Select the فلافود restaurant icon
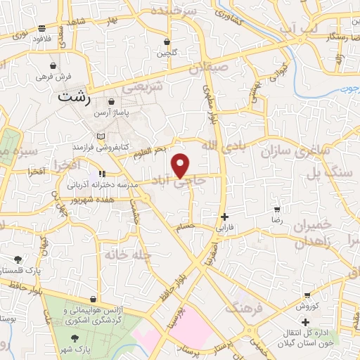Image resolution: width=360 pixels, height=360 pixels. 43,28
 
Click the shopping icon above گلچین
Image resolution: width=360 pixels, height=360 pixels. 167,41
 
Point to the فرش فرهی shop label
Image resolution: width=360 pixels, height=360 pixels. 49,75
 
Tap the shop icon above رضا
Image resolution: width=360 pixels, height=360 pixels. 277,209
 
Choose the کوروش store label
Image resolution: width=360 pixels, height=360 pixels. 308,307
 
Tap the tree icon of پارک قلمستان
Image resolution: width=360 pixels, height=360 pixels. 16,258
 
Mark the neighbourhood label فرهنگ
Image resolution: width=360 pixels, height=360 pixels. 244,307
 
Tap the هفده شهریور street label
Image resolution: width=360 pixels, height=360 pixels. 88,200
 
